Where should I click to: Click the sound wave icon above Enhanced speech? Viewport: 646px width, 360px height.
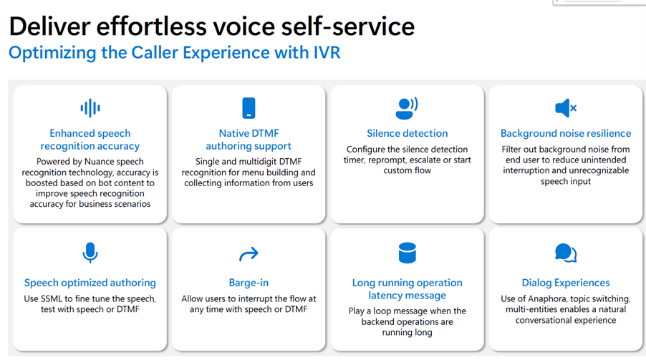(x=90, y=108)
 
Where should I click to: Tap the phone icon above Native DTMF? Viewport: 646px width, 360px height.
(x=249, y=108)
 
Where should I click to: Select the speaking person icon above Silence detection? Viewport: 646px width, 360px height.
(x=407, y=108)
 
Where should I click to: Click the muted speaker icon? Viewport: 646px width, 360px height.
(x=566, y=108)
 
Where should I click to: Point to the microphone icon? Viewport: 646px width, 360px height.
(x=90, y=253)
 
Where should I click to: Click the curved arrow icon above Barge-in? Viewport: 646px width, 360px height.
(x=249, y=254)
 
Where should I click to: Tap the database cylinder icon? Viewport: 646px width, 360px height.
(x=407, y=253)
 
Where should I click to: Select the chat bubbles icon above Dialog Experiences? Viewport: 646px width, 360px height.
(x=566, y=253)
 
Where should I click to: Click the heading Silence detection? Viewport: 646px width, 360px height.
(x=407, y=133)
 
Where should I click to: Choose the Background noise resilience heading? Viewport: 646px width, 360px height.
(x=566, y=133)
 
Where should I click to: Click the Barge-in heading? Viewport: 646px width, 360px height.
(x=249, y=283)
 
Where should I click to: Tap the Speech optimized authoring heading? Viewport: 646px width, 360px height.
(x=90, y=283)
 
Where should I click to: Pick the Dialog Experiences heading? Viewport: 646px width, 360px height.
(x=566, y=283)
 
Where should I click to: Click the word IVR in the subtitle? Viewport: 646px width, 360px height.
(x=325, y=53)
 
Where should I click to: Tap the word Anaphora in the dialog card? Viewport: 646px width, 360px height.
(x=546, y=299)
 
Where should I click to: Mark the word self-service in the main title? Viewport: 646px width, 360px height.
(x=348, y=26)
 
